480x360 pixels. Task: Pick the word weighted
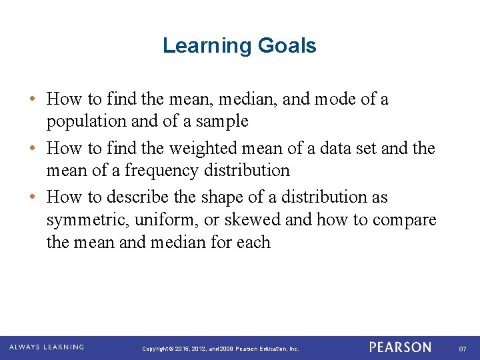click(201, 148)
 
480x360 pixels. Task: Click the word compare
click(405, 220)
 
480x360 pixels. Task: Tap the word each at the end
click(253, 242)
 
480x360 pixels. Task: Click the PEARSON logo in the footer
click(400, 347)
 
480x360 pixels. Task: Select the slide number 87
click(462, 349)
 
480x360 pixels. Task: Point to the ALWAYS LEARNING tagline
click(46, 347)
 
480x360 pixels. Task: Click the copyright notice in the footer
click(220, 349)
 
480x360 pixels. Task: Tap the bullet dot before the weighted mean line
click(33, 148)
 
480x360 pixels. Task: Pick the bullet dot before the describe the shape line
click(33, 197)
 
